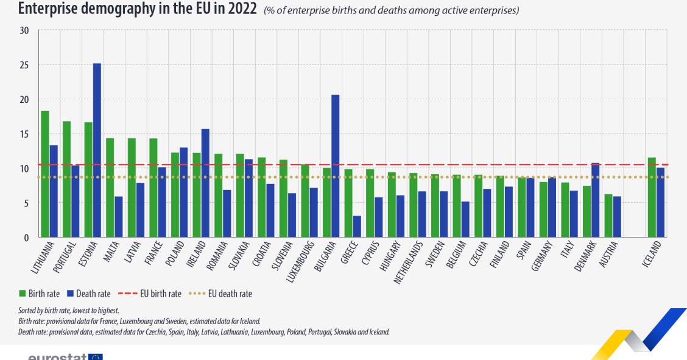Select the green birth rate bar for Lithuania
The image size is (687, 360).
click(x=45, y=174)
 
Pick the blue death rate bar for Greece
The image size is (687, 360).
click(x=357, y=226)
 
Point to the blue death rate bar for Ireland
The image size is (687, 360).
click(x=205, y=183)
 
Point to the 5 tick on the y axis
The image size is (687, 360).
click(x=26, y=203)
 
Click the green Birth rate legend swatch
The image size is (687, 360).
click(x=23, y=294)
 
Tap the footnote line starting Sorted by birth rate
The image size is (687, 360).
click(x=68, y=311)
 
